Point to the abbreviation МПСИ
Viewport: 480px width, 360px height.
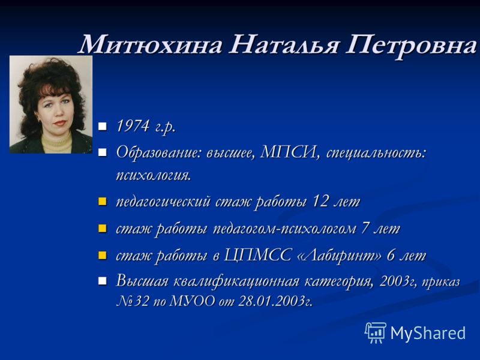pos(288,152)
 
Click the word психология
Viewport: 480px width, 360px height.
pos(154,175)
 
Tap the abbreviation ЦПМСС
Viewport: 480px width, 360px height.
pos(257,256)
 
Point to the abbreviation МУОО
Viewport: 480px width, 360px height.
pos(192,301)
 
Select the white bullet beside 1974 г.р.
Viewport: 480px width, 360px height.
pos(102,126)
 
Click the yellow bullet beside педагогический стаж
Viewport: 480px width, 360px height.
pos(102,202)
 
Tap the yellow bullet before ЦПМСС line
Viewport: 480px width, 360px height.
pos(102,256)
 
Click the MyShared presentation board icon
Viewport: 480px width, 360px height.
pos(376,332)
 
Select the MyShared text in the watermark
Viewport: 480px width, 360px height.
pos(428,333)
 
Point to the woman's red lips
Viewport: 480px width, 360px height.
pos(60,123)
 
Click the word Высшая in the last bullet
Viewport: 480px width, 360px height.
pos(142,281)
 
